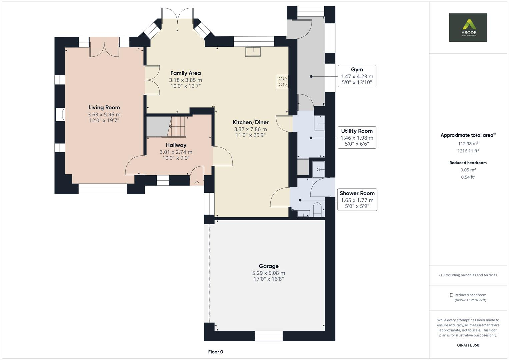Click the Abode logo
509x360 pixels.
click(x=468, y=27)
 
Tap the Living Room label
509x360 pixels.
click(x=104, y=107)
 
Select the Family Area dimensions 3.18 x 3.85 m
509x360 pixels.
click(x=185, y=80)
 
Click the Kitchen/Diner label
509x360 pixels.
click(x=250, y=122)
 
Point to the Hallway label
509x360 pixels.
click(x=176, y=145)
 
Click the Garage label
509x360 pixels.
click(x=268, y=266)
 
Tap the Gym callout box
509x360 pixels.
click(x=357, y=76)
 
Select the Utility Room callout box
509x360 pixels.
click(x=357, y=137)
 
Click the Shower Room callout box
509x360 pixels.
click(x=357, y=200)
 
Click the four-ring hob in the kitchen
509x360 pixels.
click(x=282, y=82)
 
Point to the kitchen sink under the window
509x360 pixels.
click(x=253, y=52)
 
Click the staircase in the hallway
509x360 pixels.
click(x=178, y=126)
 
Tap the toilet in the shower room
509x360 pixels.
click(x=317, y=210)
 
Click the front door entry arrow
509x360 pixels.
click(x=197, y=182)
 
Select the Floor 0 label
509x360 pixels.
click(x=215, y=352)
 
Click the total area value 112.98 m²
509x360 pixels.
click(x=468, y=144)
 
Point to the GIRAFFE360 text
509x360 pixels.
click(x=468, y=345)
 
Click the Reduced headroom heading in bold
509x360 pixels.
click(x=468, y=163)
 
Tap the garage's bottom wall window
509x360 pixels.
click(x=269, y=336)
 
